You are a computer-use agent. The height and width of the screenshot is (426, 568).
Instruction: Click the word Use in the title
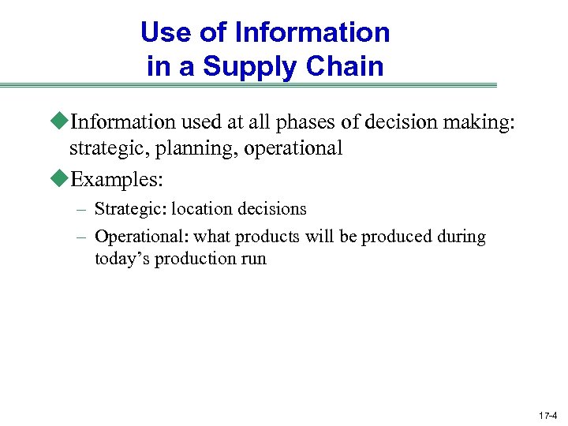[161, 32]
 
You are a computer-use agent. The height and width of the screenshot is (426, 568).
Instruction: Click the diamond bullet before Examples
[62, 178]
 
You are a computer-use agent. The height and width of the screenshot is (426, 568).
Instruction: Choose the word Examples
[115, 179]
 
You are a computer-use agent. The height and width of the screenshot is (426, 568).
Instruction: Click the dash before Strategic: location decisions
[81, 210]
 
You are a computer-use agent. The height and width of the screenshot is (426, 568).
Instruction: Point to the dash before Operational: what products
[81, 237]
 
